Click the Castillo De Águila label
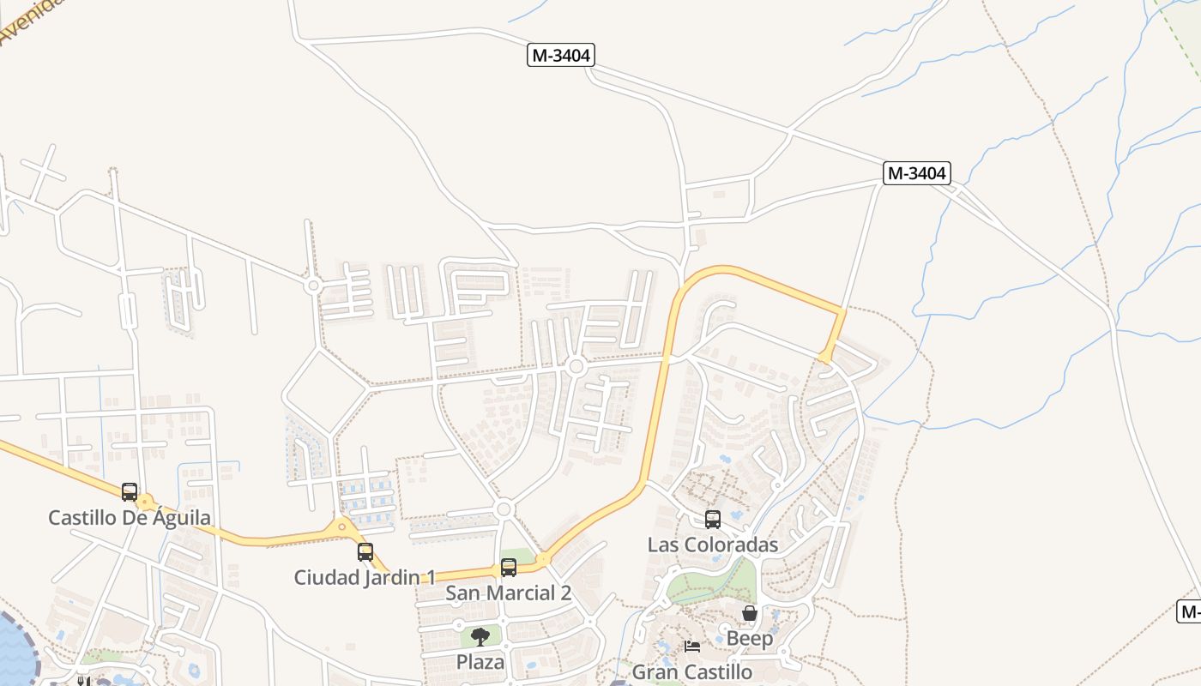[130, 518]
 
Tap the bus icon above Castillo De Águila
[130, 492]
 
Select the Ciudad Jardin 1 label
[365, 577]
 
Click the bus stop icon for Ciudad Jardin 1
[365, 552]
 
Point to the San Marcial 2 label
[509, 593]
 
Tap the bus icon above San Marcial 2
[509, 568]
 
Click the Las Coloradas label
[713, 545]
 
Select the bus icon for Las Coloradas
[713, 519]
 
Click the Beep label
[750, 639]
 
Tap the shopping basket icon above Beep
[750, 613]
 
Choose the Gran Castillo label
[692, 672]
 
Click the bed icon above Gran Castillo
[692, 646]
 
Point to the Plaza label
[480, 662]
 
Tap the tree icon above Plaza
[480, 636]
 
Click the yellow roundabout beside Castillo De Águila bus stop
[147, 501]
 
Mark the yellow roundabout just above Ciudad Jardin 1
[342, 527]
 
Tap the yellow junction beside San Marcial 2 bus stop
[542, 560]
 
